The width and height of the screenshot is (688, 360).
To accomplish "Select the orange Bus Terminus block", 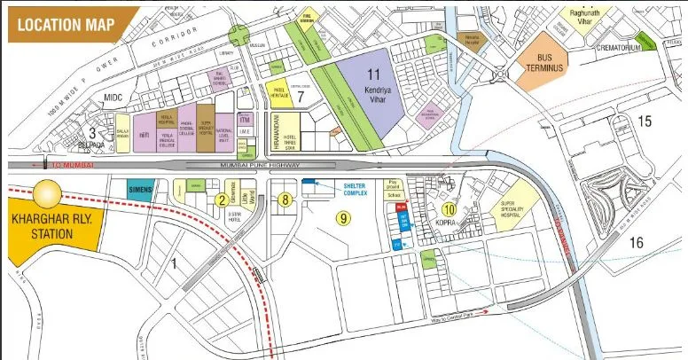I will (x=544, y=66).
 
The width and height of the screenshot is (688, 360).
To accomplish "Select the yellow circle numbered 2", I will (x=219, y=200).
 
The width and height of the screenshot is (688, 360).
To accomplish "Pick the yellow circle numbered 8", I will (x=284, y=200).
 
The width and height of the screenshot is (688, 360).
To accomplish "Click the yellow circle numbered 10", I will (x=450, y=209).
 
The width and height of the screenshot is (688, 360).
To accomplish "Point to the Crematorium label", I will (x=617, y=47).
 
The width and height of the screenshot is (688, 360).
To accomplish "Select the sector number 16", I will (x=637, y=243).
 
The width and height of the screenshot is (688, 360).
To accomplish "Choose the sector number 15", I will (x=645, y=121).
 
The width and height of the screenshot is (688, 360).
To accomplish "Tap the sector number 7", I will (x=301, y=96).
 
